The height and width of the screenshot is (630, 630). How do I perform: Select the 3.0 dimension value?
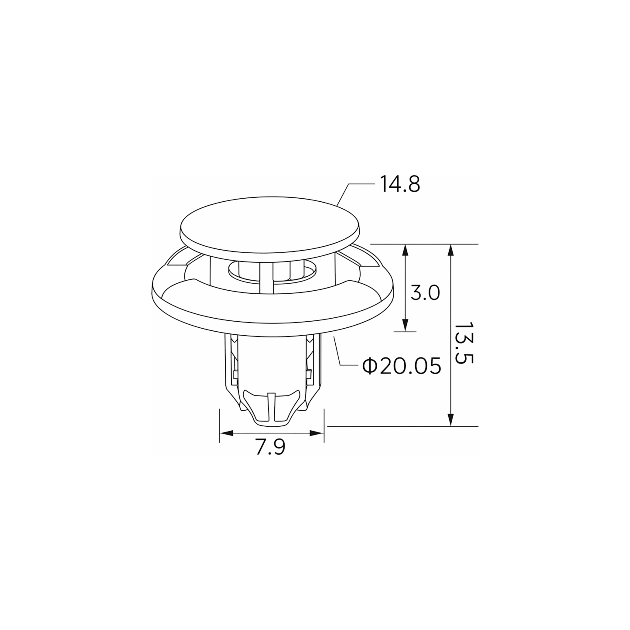coord(425,293)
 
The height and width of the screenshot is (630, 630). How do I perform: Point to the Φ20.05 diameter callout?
coord(402,366)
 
